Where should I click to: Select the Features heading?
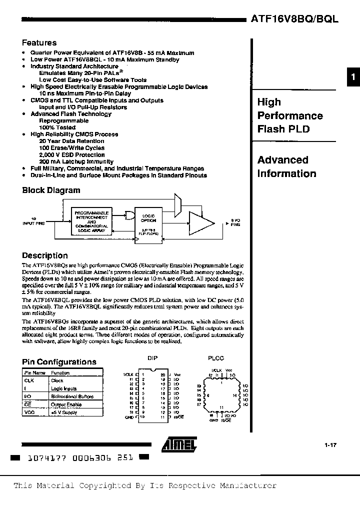tap(39, 43)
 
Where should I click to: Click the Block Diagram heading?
tap(51, 190)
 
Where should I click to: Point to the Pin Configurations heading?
tap(59, 362)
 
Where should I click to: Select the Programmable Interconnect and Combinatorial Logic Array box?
tap(91, 220)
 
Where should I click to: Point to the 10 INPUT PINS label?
tap(33, 221)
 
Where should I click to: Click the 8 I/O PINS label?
tap(235, 222)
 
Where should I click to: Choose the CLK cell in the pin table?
tap(29, 380)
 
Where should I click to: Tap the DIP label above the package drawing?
tap(152, 358)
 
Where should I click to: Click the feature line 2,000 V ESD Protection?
tap(71, 155)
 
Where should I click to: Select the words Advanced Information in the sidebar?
tap(286, 167)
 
